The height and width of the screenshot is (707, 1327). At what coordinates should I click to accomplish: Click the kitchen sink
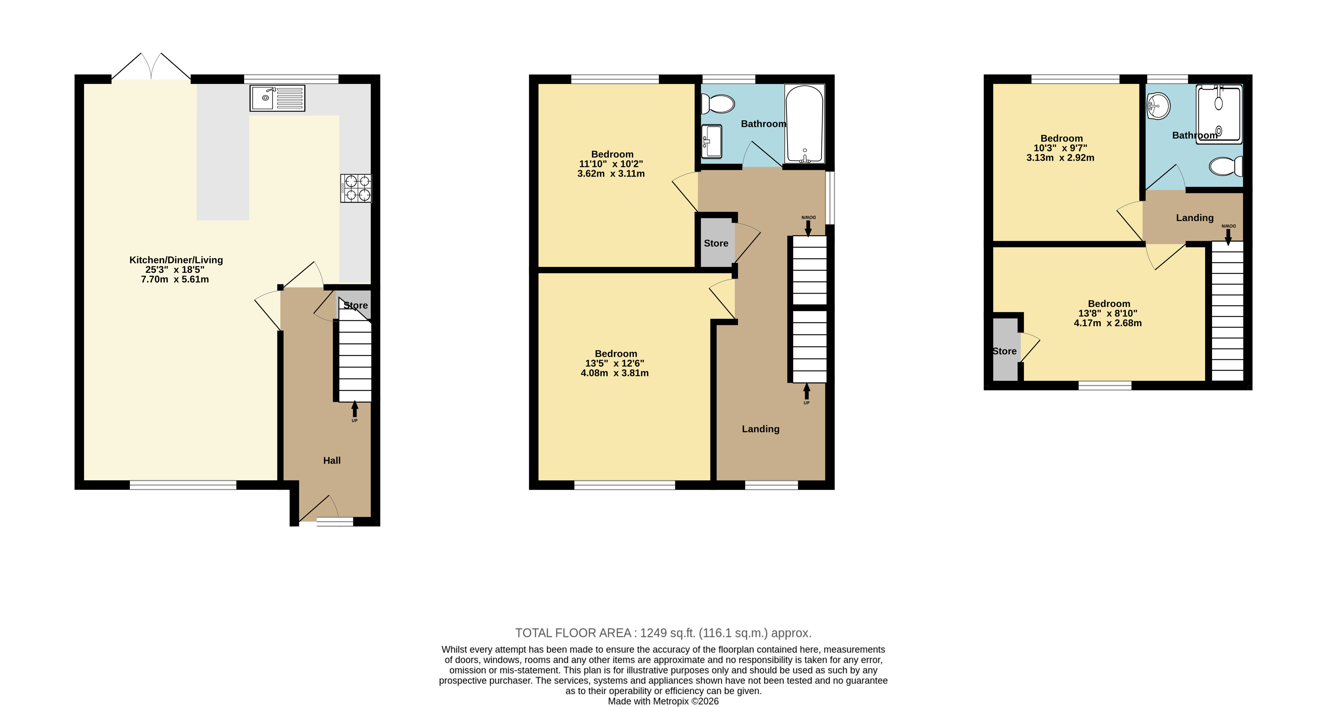[x=277, y=98]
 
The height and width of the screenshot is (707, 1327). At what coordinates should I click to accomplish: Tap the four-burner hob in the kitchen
[x=355, y=188]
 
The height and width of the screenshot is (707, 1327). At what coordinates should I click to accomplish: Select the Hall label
[x=332, y=460]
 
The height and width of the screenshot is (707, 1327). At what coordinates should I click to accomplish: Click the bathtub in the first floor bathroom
[x=804, y=124]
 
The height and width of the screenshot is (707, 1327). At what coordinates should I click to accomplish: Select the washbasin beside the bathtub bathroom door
[x=711, y=141]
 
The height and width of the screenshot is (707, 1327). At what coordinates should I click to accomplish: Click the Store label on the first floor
[x=716, y=243]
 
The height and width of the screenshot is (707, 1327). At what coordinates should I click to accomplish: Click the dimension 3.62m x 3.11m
[x=611, y=174]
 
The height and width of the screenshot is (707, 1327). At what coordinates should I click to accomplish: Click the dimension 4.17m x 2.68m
[x=1108, y=323]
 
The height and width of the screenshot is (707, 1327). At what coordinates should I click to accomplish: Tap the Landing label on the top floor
[x=1195, y=218]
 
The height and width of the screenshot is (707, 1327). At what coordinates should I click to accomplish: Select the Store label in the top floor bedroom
[x=1005, y=351]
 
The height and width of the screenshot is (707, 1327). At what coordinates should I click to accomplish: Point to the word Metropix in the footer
[x=671, y=701]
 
